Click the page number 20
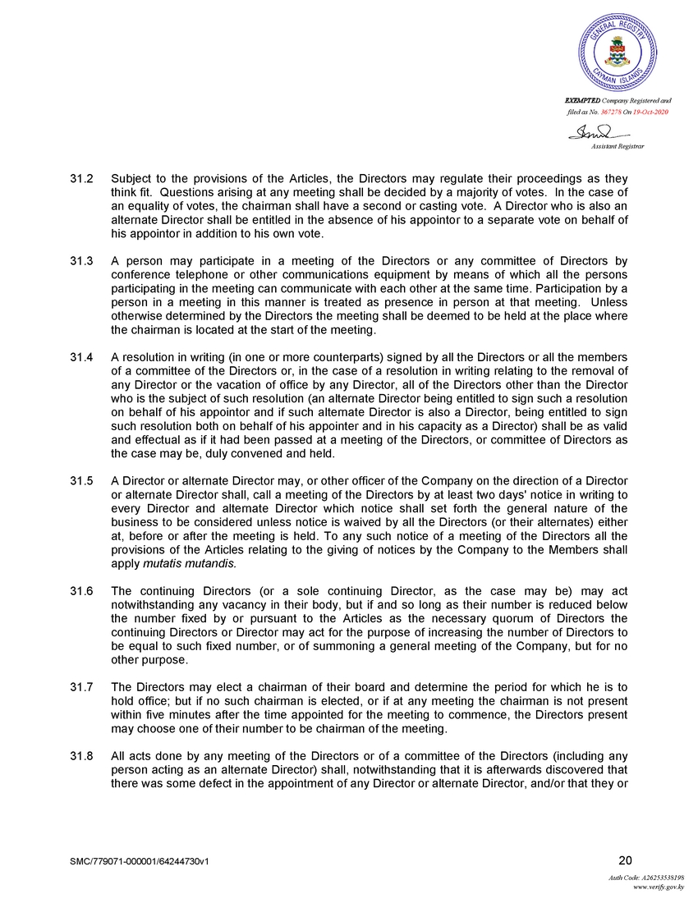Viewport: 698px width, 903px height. [x=625, y=860]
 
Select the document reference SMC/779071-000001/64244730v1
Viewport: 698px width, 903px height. [x=145, y=862]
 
